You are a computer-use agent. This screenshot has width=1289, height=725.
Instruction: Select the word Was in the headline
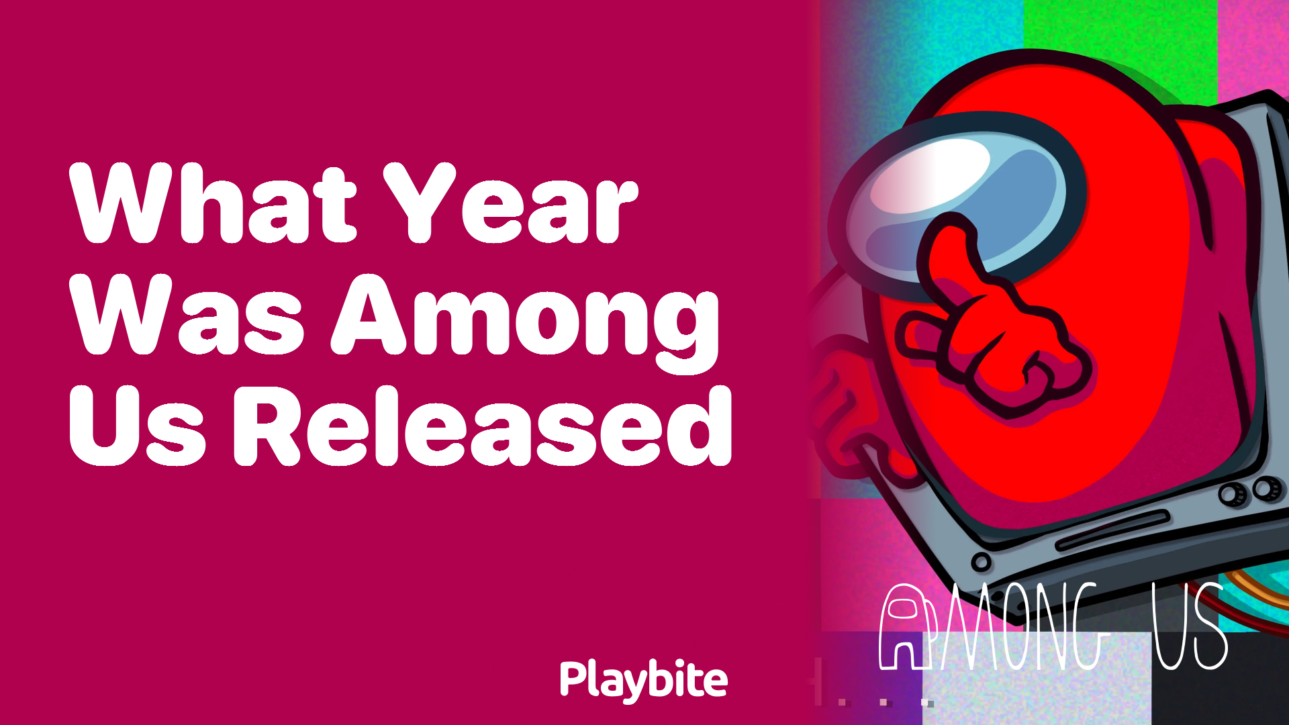point(188,316)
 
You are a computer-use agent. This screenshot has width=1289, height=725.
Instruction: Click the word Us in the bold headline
point(138,426)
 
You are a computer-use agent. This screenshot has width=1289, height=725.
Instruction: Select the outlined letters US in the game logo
point(1189,628)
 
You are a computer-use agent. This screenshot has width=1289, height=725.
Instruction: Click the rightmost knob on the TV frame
point(1266,488)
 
